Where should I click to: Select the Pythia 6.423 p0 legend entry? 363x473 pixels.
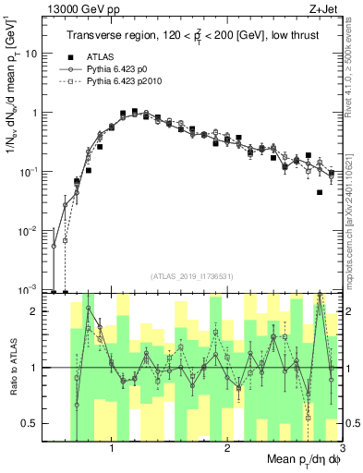point(124,70)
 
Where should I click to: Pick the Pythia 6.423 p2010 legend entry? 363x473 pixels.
point(131,83)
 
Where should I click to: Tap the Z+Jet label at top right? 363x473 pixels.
point(323,9)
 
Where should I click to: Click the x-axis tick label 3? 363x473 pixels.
point(341,450)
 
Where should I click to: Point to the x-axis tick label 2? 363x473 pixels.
point(227,450)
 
